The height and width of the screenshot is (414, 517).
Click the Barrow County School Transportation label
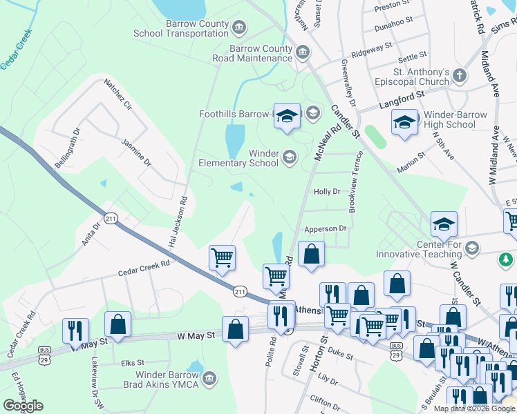point(180,28)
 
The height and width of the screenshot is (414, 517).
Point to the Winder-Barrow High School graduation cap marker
point(404,122)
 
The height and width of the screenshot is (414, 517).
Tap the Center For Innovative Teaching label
point(440,250)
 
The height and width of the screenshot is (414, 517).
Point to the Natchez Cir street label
point(117,95)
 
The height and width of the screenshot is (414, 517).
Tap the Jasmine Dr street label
point(135,152)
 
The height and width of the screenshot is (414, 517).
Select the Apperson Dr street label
point(325,228)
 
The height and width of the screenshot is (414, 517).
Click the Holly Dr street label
point(327,192)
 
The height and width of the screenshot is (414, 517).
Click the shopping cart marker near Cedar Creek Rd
point(222,258)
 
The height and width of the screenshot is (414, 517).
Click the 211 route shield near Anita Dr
point(111,219)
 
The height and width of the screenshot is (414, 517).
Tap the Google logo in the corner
point(23,406)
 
